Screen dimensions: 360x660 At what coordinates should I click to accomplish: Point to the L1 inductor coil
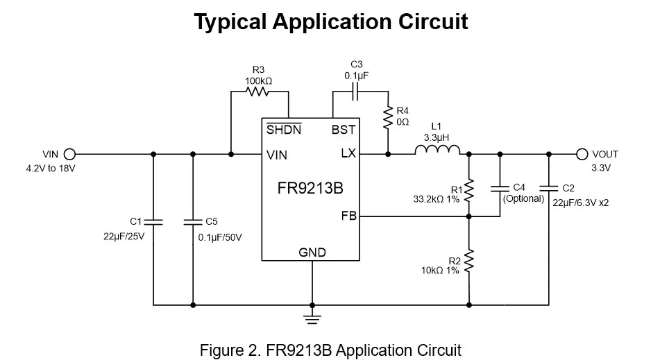point(437,150)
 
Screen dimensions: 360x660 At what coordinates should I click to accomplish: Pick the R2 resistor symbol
point(469,262)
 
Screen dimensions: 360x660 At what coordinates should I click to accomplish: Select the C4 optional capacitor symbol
point(499,187)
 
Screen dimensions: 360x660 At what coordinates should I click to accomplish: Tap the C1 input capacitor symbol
point(153,222)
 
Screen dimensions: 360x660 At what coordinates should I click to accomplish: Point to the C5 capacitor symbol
point(193,222)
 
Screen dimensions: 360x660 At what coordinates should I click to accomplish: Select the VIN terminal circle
point(69,154)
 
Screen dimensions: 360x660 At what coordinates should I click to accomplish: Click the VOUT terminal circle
point(582,154)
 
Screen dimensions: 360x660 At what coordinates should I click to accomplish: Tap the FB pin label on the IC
point(348,216)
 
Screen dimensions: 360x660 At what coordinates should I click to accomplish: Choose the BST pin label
point(344,130)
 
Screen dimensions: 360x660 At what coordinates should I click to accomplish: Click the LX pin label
point(348,154)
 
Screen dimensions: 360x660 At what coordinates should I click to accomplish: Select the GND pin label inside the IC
point(312,252)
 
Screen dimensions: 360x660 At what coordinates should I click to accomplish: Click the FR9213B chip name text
point(310,188)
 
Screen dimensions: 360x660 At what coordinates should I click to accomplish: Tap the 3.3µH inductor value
point(437,137)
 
